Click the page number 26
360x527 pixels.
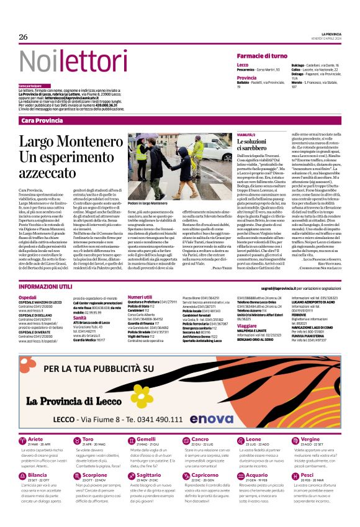[x=23, y=37]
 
